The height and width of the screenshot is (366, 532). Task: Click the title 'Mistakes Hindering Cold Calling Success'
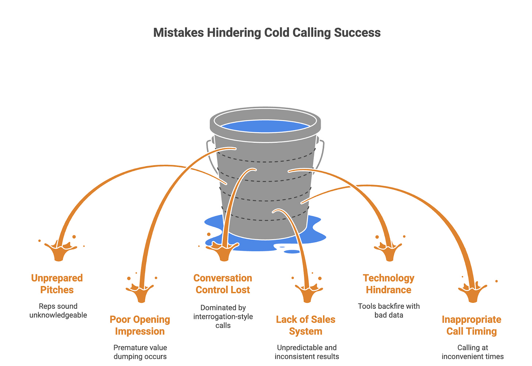point(267,33)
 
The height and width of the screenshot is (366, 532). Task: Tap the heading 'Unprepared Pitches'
point(57,284)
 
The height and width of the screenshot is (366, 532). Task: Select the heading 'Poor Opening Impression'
point(140,325)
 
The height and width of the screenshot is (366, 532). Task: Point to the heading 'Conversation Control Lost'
point(223,284)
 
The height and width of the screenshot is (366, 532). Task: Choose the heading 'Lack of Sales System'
point(306,325)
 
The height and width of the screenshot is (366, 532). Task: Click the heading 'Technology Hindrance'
point(389,284)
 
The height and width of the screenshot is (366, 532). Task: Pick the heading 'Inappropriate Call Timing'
point(472,325)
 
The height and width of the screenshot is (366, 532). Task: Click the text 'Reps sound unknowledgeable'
point(58,310)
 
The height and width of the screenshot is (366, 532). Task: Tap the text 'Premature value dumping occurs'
point(140,352)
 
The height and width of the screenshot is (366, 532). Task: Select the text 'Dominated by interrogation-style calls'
point(223,316)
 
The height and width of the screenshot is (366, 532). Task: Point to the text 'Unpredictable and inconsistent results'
point(307,352)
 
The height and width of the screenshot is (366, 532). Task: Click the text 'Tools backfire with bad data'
point(389,310)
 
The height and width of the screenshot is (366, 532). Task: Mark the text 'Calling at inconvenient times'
point(473,352)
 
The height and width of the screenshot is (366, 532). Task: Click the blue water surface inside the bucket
point(265,126)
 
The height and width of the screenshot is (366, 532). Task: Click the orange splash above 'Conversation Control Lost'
point(223,252)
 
